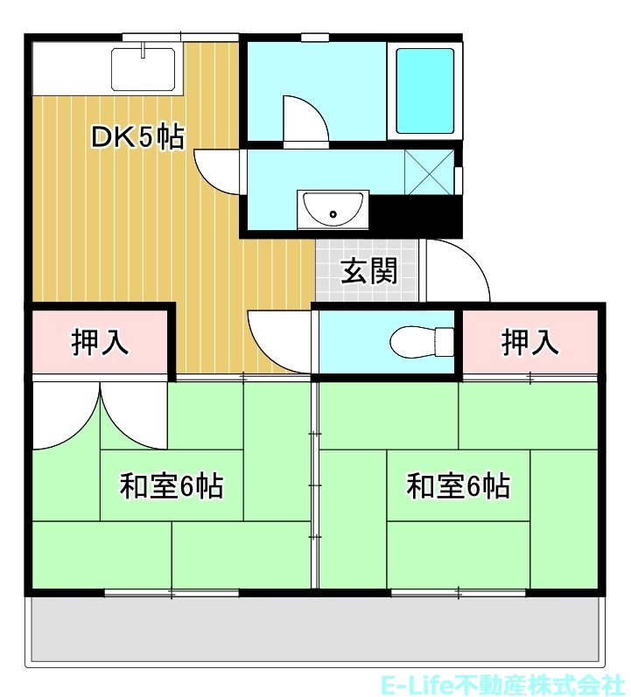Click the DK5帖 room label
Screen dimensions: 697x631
click(138, 136)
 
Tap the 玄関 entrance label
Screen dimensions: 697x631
click(368, 271)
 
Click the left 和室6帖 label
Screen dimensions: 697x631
click(172, 485)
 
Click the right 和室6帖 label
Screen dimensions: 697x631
click(459, 485)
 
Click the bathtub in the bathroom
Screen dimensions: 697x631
click(425, 90)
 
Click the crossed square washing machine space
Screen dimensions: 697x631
click(430, 171)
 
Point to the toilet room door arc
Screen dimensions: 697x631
click(278, 337)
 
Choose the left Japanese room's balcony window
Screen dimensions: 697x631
click(172, 594)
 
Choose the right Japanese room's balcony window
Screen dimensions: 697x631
click(459, 594)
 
